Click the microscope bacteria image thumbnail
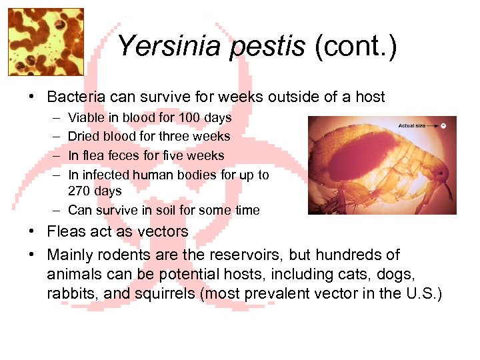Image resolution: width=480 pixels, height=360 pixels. click(x=45, y=41)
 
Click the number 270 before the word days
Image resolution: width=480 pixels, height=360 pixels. click(x=81, y=191)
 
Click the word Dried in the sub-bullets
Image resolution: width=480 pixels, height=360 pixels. click(x=83, y=136)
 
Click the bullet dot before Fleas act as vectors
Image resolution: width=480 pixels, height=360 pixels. click(x=32, y=233)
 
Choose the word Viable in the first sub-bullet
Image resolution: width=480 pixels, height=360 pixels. click(x=85, y=117)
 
